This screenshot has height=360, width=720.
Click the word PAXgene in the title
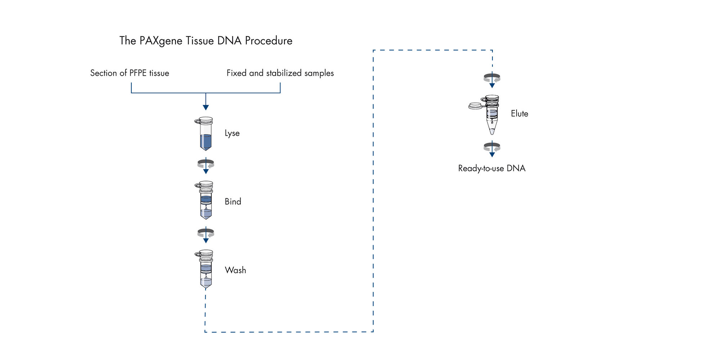[161, 41]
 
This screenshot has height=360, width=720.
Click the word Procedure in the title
[269, 40]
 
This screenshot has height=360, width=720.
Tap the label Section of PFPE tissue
[130, 73]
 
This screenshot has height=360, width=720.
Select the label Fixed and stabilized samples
[280, 73]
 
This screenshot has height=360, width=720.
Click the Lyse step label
[232, 133]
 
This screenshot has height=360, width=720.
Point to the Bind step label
[233, 202]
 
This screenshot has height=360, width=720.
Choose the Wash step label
[235, 270]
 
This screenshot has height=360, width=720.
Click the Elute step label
[519, 114]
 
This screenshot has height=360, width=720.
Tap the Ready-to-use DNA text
[492, 168]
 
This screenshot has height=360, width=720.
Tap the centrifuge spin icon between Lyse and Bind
[206, 164]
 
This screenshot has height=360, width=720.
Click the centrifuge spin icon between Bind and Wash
[206, 233]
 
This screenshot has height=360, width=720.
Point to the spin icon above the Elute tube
[492, 78]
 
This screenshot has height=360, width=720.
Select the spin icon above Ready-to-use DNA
[492, 147]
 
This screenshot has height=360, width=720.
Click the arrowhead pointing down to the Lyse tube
[206, 107]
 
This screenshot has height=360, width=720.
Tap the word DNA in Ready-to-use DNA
[516, 168]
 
